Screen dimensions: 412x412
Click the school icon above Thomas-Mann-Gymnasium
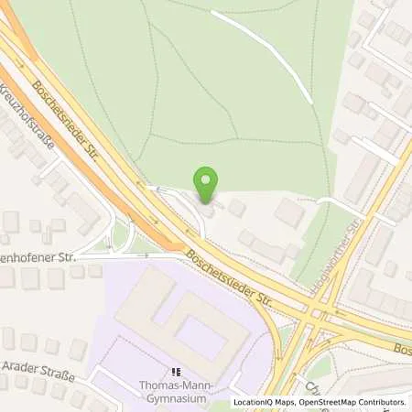point(177,373)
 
